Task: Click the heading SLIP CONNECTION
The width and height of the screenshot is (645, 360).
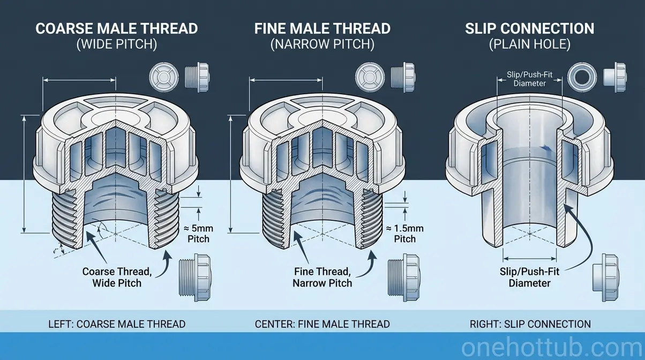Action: tap(529, 28)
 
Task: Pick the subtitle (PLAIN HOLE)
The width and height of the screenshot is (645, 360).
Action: tap(529, 45)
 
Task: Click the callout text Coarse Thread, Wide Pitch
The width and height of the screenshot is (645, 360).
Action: tap(117, 277)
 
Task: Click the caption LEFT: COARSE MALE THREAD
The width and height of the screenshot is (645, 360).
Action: tap(117, 324)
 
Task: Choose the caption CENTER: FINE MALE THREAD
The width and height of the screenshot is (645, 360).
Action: tap(322, 324)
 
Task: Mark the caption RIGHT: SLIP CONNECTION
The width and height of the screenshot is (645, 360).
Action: tap(529, 324)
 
